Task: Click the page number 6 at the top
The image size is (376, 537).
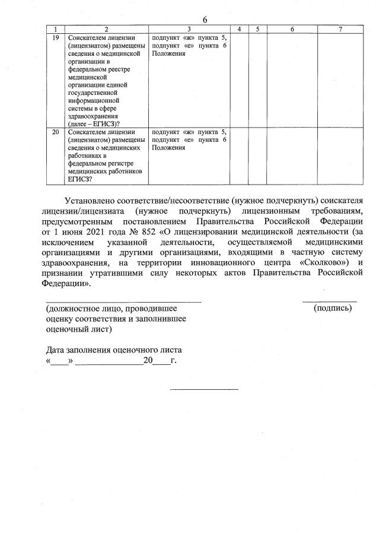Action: [205, 20]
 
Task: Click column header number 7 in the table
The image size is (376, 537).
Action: [340, 29]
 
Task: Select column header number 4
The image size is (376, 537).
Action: [238, 29]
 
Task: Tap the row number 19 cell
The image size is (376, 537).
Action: [55, 37]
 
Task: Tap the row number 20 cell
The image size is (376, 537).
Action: [55, 132]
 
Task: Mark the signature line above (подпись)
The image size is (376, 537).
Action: [330, 302]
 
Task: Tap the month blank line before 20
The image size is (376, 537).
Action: [109, 361]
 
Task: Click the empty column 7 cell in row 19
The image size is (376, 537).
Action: [340, 80]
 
